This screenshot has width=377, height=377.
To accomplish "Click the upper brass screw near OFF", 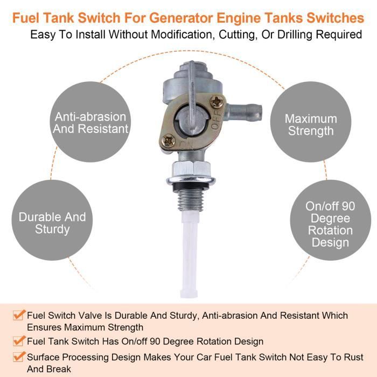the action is coord(217,102).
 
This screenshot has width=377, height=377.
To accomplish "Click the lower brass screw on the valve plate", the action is coord(168,141).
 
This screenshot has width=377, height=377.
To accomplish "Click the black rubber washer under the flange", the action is coord(191,187).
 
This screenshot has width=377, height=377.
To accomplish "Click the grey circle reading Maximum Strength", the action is coord(311,122).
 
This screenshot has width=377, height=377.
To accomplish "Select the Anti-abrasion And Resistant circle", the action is coord(90,122).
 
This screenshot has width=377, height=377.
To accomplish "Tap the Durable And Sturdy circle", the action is coord(52,220).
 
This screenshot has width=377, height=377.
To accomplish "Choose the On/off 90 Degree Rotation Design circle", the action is coord(330,220).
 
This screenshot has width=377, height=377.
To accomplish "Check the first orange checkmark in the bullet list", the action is coord(19,315).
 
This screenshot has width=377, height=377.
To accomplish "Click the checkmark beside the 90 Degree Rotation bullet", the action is coord(19,341).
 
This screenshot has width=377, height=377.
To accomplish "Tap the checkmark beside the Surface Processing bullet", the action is coord(19,357).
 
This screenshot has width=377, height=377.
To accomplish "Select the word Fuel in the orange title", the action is coord(25,18).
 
